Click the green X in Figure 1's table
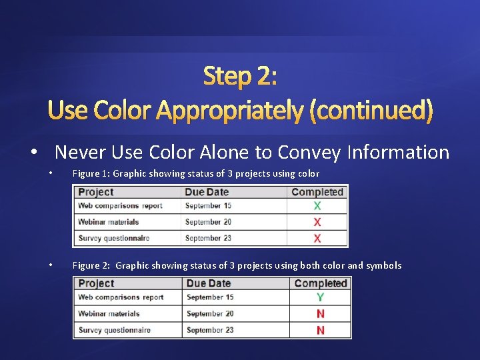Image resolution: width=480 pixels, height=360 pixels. tap(317, 207)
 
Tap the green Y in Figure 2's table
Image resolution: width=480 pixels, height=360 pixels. tap(321, 297)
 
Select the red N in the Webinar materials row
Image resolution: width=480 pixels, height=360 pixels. tap(321, 314)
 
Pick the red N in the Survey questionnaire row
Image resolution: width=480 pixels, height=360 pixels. tap(321, 330)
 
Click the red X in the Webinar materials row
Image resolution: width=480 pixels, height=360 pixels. tap(317, 222)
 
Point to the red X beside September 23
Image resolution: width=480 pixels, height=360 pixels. tap(317, 238)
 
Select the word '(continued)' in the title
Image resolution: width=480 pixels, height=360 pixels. tap(371, 110)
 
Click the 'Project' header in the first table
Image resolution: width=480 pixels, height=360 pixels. tap(95, 192)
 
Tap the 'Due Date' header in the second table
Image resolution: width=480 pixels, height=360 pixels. tap(209, 283)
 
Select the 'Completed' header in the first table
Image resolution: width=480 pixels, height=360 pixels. tap(317, 192)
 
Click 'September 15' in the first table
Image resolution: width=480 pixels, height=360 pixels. tap(208, 206)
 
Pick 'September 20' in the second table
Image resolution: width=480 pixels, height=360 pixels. tap(210, 314)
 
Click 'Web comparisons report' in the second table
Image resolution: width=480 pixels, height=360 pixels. tap(121, 297)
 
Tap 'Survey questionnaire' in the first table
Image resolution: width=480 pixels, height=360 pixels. tap(113, 238)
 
